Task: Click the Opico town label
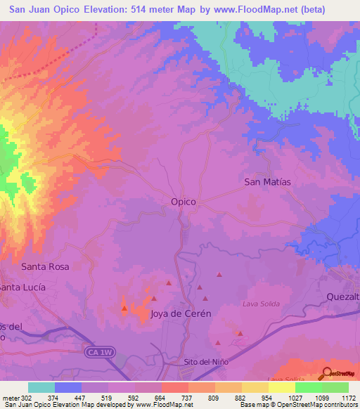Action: [x=183, y=201]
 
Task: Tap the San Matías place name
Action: [x=267, y=181]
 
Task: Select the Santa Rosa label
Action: [x=45, y=267]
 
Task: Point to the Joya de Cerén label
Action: [x=181, y=314]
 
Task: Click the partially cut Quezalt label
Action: [x=343, y=297]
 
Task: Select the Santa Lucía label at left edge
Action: [x=23, y=287]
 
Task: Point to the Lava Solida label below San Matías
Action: [x=261, y=304]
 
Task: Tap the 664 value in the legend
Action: [x=161, y=396]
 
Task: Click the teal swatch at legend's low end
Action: [x=41, y=387]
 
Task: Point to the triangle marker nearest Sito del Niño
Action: [x=217, y=342]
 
